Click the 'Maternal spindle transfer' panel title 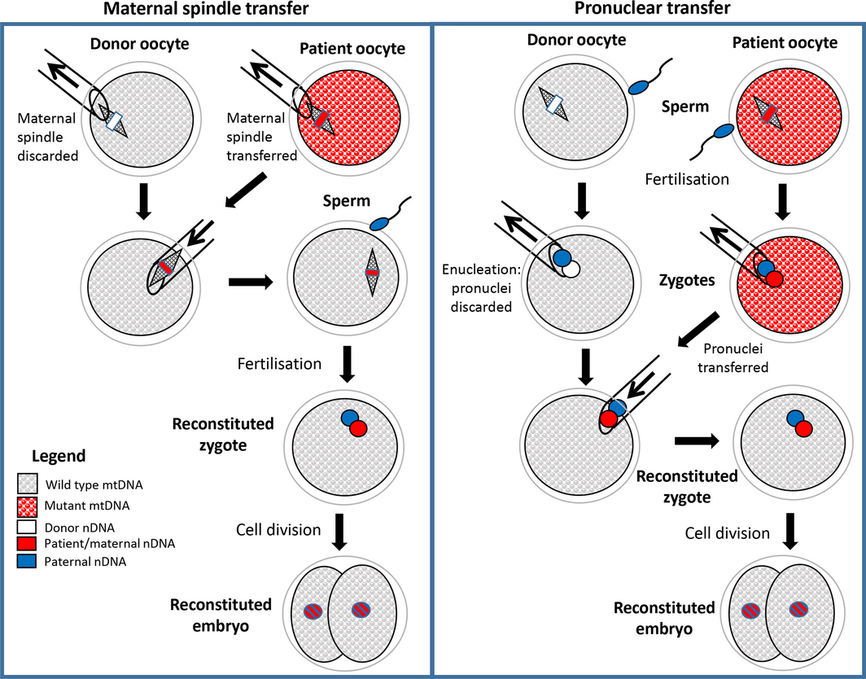[x=216, y=11]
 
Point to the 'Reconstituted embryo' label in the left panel [x=221, y=615]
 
